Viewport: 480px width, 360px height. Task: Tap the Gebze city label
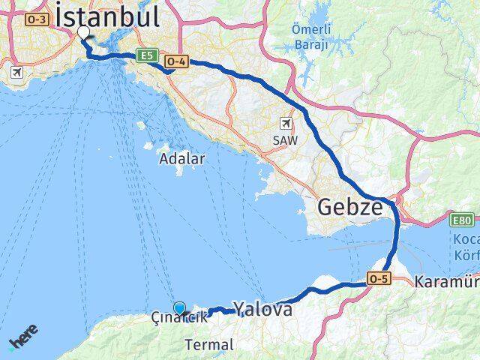tap(350, 207)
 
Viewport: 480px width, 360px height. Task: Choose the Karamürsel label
tap(446, 283)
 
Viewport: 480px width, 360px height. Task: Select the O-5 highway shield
tap(378, 279)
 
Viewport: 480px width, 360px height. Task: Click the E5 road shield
tap(145, 55)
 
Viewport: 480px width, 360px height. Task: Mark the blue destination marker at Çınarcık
tap(179, 307)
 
